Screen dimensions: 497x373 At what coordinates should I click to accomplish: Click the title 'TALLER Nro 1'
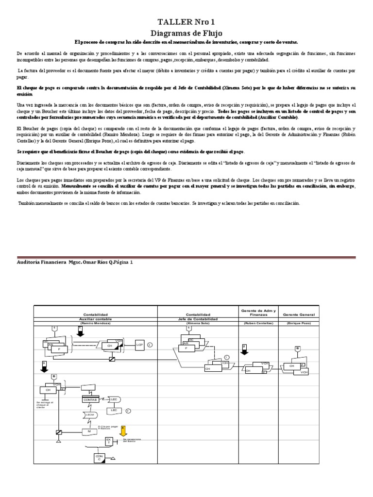186,22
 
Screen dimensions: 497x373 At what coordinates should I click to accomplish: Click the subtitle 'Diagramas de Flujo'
186,33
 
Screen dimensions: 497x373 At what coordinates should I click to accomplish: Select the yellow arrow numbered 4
123,430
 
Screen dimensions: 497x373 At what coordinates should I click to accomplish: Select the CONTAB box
90,399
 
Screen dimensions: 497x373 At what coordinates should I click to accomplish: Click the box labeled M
89,431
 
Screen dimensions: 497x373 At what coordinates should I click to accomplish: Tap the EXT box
109,441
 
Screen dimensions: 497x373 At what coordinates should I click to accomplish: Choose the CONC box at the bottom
99,458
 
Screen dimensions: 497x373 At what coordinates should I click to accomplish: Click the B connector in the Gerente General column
297,348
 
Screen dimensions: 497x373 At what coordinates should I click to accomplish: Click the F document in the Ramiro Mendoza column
60,349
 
